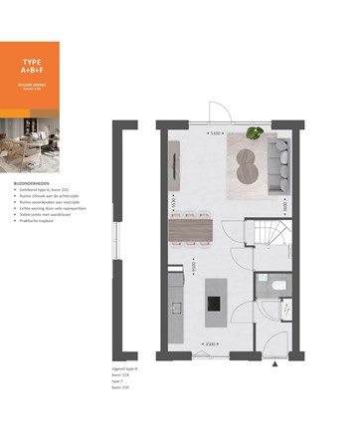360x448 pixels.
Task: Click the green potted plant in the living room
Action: (255, 133)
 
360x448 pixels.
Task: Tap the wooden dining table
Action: (194, 231)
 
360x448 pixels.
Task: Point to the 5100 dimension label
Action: (214, 131)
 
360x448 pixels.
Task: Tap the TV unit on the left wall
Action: (174, 159)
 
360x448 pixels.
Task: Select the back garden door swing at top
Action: (216, 112)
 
